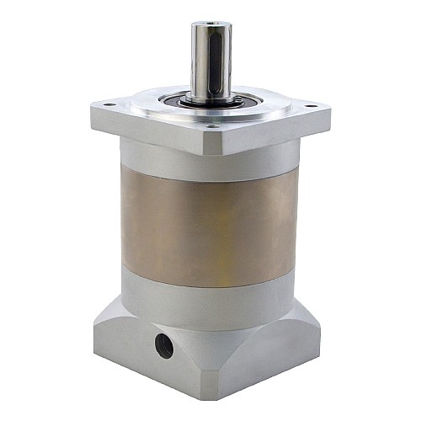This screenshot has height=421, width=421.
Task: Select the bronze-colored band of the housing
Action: (x=206, y=223)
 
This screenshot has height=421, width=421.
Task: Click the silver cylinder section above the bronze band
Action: (x=206, y=164)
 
